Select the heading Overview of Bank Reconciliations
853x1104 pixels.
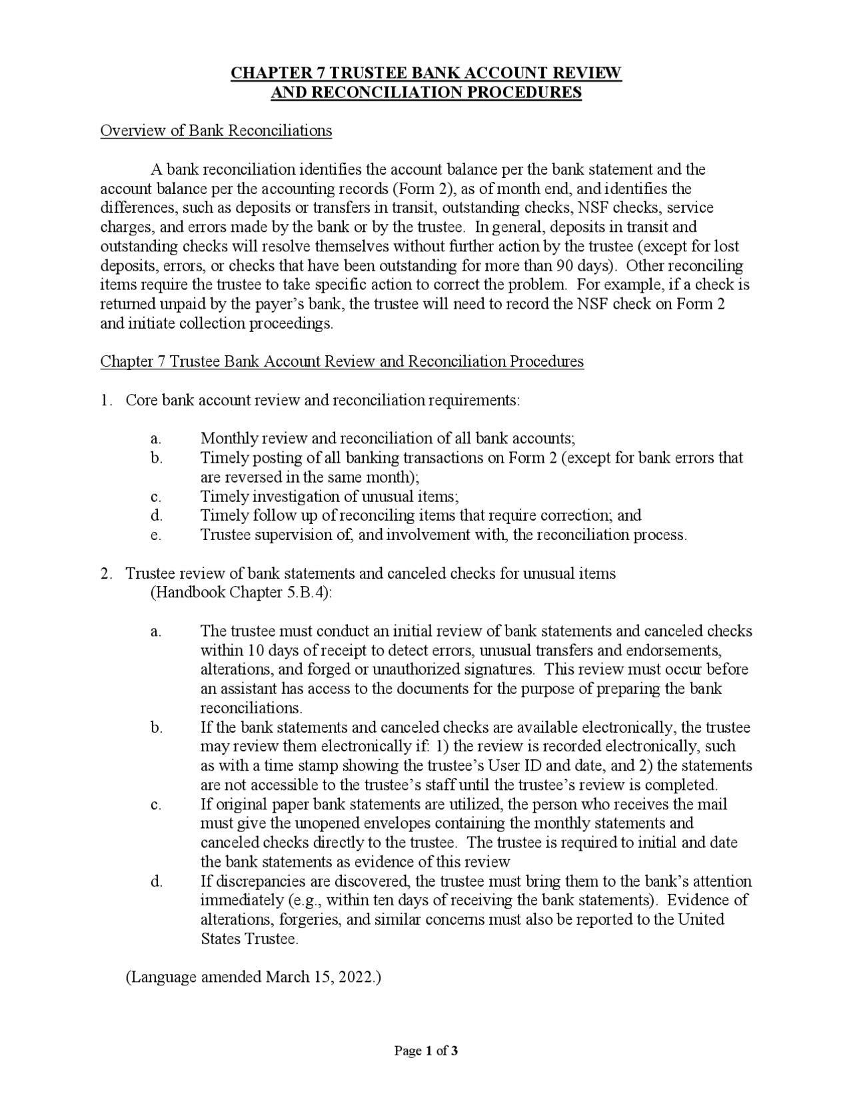216,131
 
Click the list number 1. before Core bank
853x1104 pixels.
107,401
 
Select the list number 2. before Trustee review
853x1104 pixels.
107,573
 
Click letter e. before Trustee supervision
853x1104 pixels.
156,535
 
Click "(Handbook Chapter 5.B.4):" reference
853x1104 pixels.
241,593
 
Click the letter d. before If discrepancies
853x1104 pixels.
156,881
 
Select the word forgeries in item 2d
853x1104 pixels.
310,919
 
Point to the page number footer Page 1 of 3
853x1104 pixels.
426,1052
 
